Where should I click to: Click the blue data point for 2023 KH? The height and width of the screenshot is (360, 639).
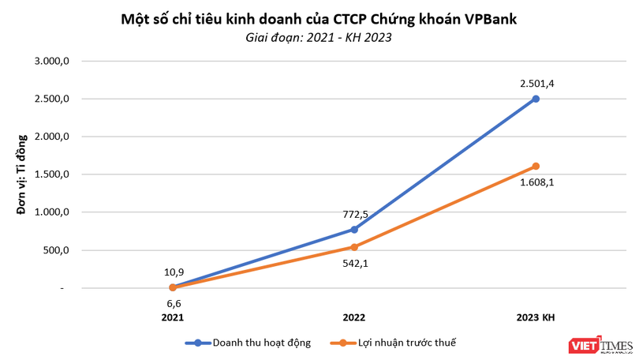[x=536, y=99]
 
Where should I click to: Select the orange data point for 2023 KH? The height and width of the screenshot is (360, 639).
[x=536, y=166]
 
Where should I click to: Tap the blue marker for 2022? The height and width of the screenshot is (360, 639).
[x=354, y=229]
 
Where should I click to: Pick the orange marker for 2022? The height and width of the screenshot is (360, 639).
[x=354, y=247]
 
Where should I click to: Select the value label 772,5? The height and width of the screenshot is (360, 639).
[x=354, y=213]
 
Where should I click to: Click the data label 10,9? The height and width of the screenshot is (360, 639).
[x=173, y=272]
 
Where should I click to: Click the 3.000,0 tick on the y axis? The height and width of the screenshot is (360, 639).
[x=54, y=61]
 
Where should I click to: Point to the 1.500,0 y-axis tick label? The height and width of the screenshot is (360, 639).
[x=54, y=174]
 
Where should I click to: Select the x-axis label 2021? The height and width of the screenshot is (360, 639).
[x=173, y=317]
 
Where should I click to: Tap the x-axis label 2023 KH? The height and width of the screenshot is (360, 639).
[x=536, y=317]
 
